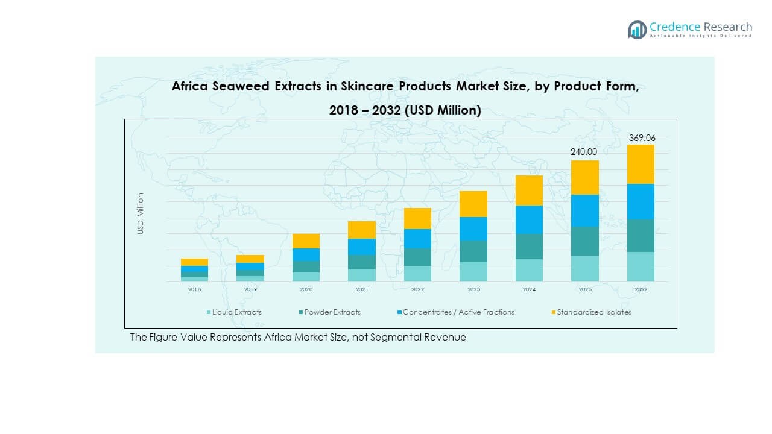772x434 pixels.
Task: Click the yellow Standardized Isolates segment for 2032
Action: (641, 164)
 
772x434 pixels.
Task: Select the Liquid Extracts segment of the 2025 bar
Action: (585, 268)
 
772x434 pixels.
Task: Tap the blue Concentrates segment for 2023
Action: (473, 229)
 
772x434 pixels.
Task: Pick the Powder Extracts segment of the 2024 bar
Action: (529, 247)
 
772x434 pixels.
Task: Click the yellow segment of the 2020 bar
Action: (306, 241)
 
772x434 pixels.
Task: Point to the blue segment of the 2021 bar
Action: (362, 247)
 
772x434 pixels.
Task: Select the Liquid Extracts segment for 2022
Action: (417, 274)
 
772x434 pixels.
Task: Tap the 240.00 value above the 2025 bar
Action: (584, 153)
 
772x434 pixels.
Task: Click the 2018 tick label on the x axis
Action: (194, 290)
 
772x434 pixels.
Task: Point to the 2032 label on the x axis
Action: (641, 290)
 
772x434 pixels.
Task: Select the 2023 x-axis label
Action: (473, 290)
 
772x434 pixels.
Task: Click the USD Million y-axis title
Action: (141, 213)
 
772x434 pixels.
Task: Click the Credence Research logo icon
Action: (637, 30)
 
